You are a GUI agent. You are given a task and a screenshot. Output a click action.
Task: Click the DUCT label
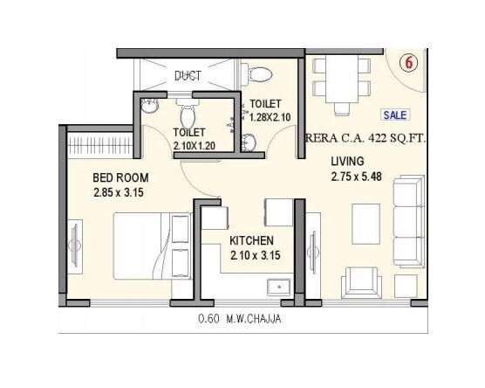click(x=187, y=76)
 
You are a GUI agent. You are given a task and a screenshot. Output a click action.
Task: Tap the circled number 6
click(x=406, y=64)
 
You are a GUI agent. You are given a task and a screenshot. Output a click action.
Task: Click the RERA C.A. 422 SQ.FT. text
click(x=365, y=136)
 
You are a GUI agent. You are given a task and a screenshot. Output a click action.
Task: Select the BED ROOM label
click(x=120, y=178)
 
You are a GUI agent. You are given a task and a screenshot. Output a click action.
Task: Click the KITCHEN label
click(x=252, y=240)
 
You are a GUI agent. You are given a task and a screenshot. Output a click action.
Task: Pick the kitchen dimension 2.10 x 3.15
click(x=252, y=256)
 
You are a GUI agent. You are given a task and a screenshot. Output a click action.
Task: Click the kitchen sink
click(x=279, y=285)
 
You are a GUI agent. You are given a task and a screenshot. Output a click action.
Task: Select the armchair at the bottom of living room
click(x=361, y=281)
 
